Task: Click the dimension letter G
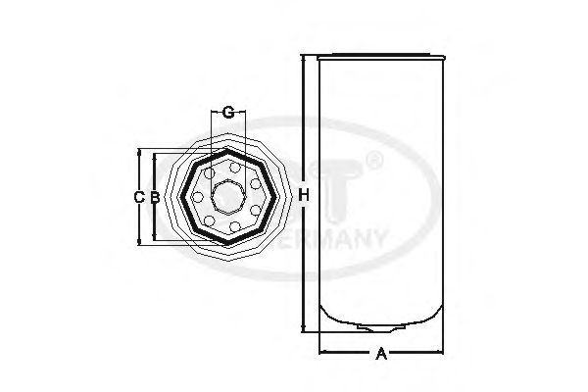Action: (227, 112)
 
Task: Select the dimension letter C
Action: (139, 197)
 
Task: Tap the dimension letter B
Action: (155, 197)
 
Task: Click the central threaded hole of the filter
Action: (228, 196)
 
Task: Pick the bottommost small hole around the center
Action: (228, 228)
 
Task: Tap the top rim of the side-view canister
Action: (380, 54)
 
